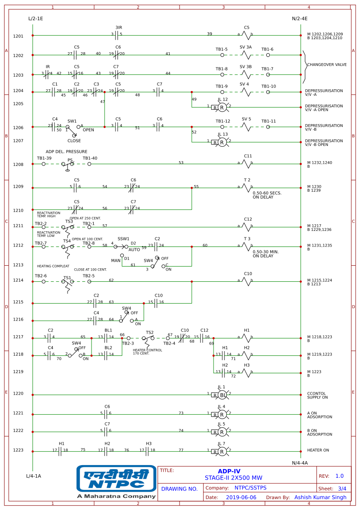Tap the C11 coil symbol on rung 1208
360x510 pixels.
pyautogui.click(x=247, y=164)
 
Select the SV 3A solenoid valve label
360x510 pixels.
pyautogui.click(x=245, y=47)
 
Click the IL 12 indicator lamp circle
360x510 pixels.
pyautogui.click(x=222, y=107)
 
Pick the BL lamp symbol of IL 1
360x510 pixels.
pyautogui.click(x=222, y=395)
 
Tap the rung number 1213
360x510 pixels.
pyautogui.click(x=18, y=265)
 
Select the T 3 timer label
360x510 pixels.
pyautogui.click(x=247, y=239)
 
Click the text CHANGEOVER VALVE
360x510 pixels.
pyautogui.click(x=327, y=64)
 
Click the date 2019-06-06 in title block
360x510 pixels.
pyautogui.click(x=241, y=497)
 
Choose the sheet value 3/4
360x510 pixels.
pyautogui.click(x=342, y=489)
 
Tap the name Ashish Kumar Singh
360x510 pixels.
pyautogui.click(x=320, y=497)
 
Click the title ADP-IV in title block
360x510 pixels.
pyautogui.click(x=229, y=471)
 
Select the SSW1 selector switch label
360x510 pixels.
pyautogui.click(x=123, y=239)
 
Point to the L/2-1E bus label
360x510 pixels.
pyautogui.click(x=35, y=19)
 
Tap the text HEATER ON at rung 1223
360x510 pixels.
pyautogui.click(x=318, y=450)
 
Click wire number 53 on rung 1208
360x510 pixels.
pyautogui.click(x=181, y=162)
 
